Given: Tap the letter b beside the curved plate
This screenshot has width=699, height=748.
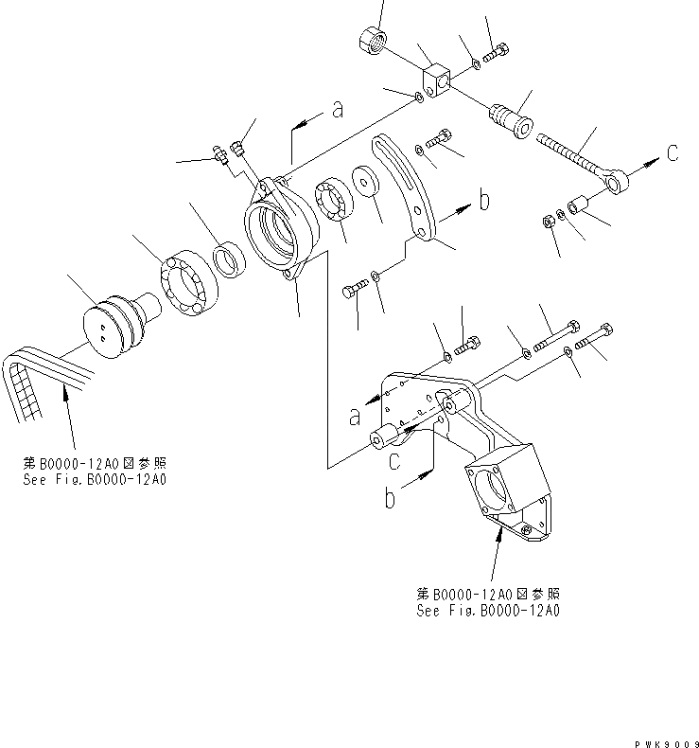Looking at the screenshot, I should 483,201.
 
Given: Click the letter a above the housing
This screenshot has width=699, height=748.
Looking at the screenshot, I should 338,111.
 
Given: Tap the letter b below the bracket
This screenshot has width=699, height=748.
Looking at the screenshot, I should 390,499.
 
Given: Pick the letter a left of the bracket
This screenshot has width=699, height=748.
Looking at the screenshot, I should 355,416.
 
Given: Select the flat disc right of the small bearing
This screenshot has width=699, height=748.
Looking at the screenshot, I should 365,184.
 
